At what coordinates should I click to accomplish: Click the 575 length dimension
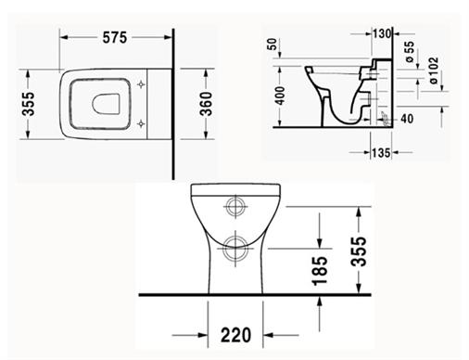pos(115,38)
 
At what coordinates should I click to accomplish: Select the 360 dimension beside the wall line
pos(206,104)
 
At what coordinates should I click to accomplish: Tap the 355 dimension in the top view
pos(29,104)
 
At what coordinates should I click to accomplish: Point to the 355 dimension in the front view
pos(359,251)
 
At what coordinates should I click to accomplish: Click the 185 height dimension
pos(320,271)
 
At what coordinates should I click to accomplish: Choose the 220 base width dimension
pos(236,335)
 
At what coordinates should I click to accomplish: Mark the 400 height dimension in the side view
pos(280,96)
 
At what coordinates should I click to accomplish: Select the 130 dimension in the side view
pos(382,33)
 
